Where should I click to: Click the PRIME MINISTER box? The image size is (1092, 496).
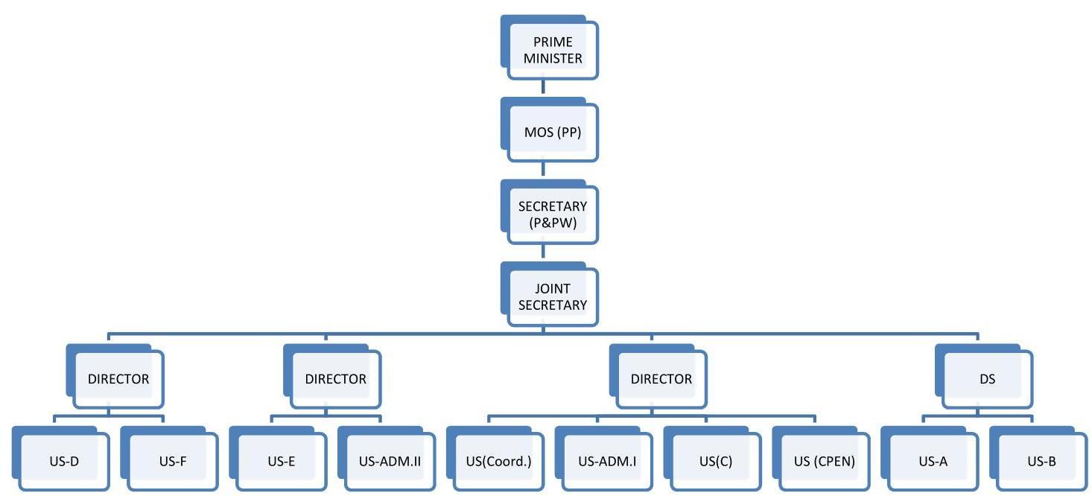point(553,50)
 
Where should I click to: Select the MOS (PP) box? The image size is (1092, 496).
point(553,133)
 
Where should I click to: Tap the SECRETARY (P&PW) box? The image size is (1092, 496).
point(553,214)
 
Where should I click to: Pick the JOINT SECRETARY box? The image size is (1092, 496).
point(553,296)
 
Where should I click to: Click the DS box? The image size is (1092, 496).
point(988,379)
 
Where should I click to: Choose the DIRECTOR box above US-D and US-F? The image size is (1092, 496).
point(118,379)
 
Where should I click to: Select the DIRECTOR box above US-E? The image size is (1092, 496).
point(335,379)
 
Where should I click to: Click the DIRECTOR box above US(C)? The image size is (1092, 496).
point(661,379)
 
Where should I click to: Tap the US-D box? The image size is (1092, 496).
point(63,461)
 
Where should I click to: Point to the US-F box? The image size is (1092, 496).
point(172,461)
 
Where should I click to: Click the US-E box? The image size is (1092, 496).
point(281,461)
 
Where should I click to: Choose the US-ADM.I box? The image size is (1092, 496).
point(607,461)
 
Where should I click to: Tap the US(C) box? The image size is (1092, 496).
point(716,461)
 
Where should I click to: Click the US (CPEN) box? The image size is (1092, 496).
point(825,461)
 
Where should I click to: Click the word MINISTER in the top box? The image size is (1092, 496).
point(553,57)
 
